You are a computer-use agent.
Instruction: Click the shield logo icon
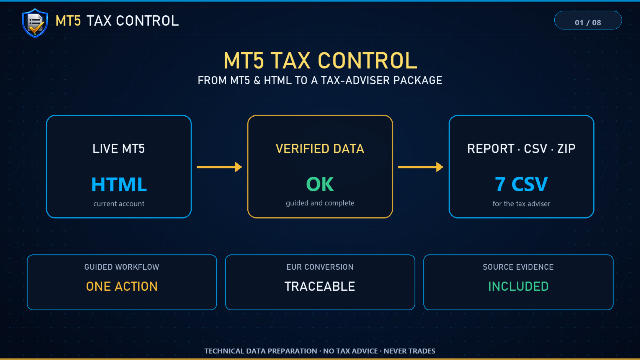(x=35, y=23)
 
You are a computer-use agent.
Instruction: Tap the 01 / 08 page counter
(x=588, y=23)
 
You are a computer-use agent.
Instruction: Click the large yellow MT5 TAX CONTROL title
(x=320, y=60)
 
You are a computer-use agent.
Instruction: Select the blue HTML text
(x=119, y=184)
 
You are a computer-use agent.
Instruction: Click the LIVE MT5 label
(x=119, y=149)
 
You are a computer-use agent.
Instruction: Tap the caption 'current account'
(x=119, y=204)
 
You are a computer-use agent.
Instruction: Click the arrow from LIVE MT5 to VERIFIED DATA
(x=219, y=167)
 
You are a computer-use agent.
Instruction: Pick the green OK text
(x=320, y=184)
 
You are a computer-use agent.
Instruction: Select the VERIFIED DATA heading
(x=320, y=149)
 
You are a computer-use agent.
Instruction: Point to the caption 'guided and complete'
(x=320, y=203)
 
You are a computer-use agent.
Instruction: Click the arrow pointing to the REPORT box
(x=421, y=167)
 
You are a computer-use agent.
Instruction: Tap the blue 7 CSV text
(x=521, y=184)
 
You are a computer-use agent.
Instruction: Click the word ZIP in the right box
(x=566, y=149)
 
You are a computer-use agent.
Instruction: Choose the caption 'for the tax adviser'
(x=521, y=204)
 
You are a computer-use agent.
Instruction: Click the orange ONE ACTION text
(x=122, y=286)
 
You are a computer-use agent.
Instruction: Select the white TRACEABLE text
(x=320, y=286)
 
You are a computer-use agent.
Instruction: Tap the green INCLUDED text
(x=518, y=286)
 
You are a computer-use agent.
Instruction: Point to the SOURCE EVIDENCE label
(x=518, y=267)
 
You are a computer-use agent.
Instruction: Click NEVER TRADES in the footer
(x=410, y=351)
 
